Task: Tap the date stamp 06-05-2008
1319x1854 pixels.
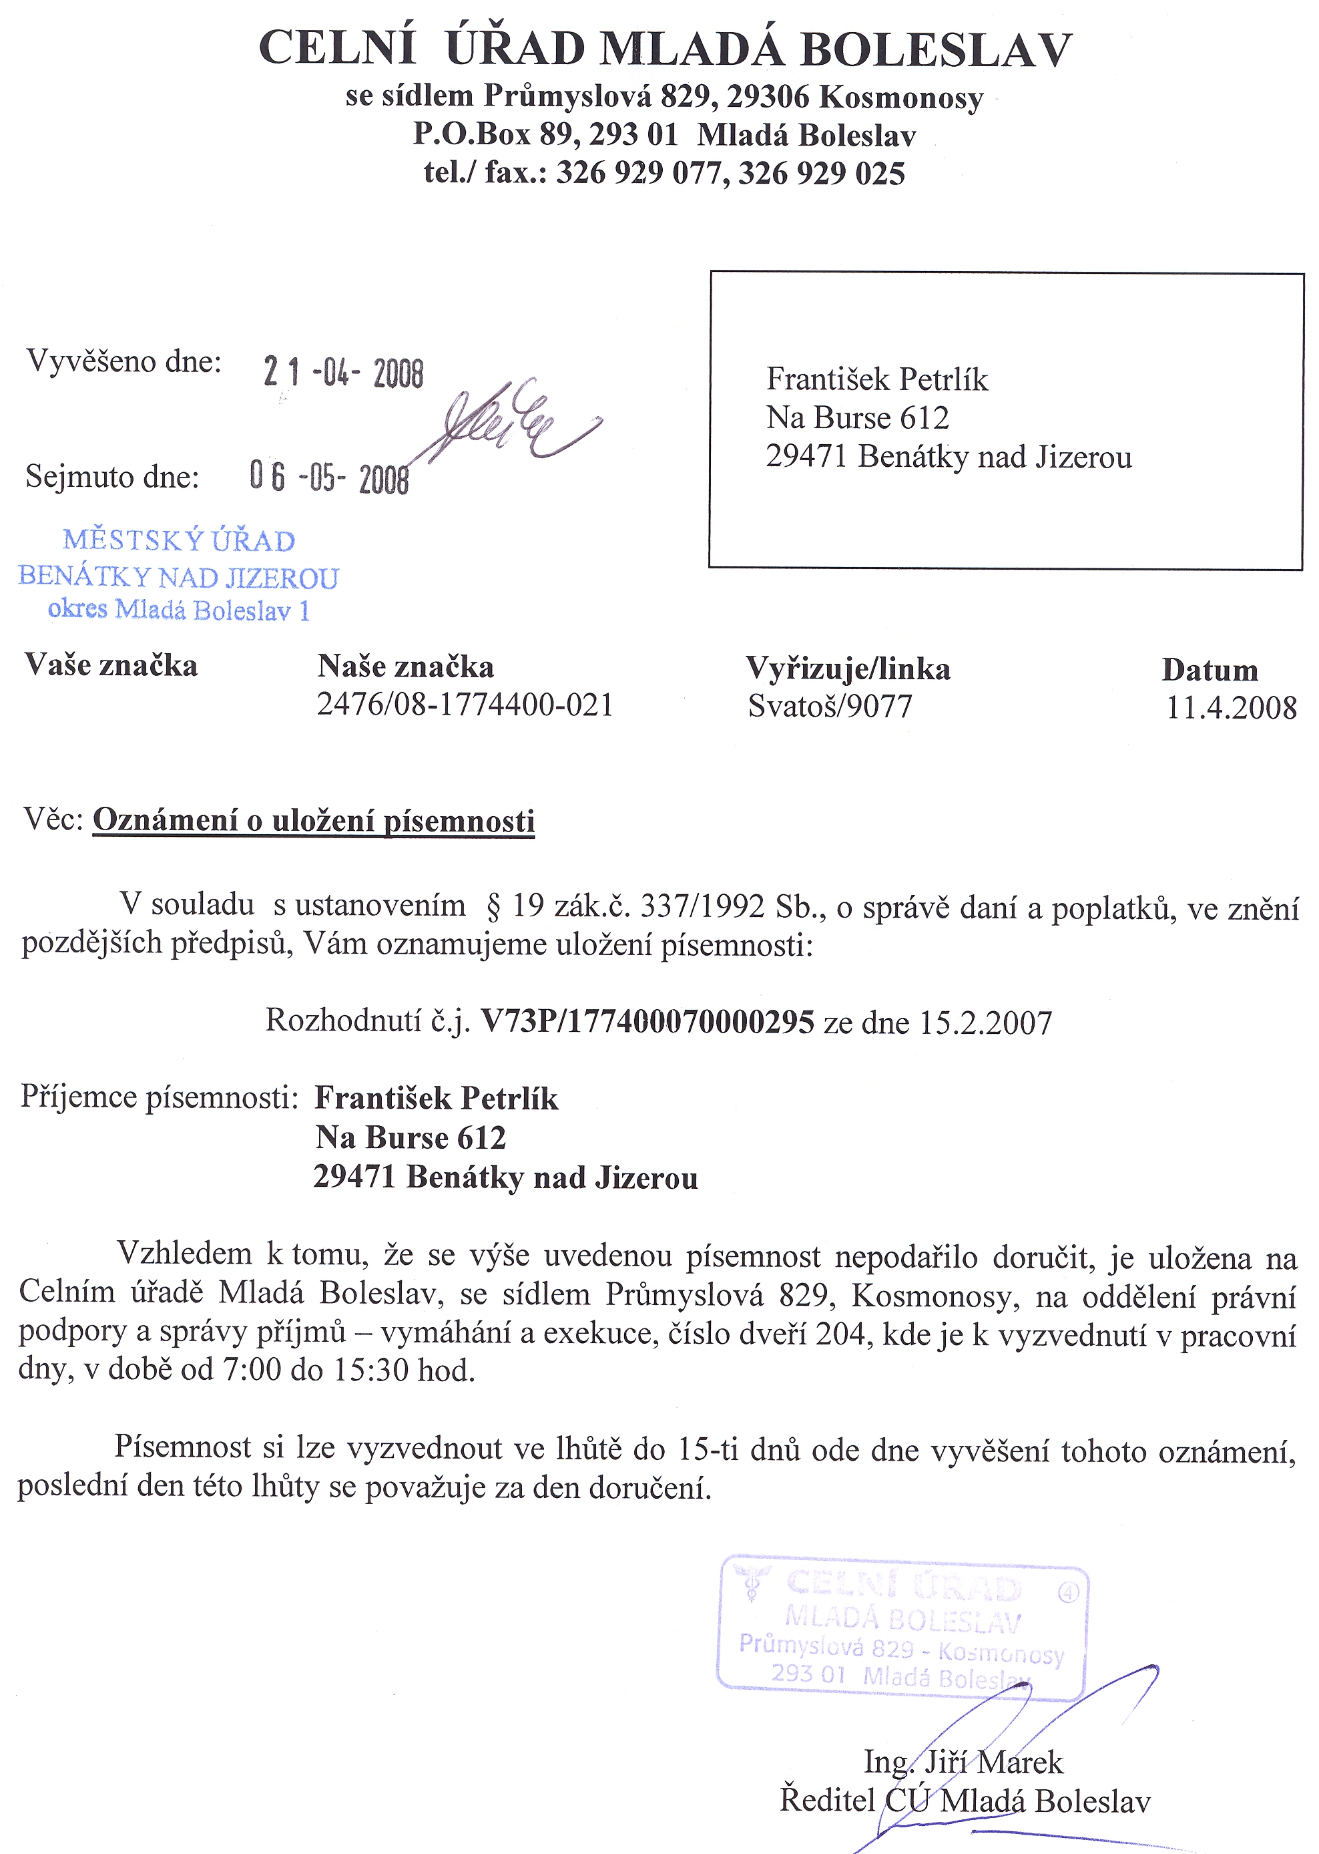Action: (x=329, y=477)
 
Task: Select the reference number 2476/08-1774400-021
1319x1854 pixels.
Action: (x=465, y=705)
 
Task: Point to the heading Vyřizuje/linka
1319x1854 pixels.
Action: (x=848, y=669)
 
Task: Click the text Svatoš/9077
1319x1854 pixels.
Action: (x=830, y=706)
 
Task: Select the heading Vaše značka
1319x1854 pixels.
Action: (x=111, y=665)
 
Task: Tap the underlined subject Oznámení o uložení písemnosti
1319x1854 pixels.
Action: (x=314, y=821)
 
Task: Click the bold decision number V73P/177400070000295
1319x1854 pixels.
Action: (x=647, y=1021)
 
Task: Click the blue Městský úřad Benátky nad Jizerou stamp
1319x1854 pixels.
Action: (x=179, y=575)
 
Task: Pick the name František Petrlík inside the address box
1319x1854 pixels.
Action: (x=877, y=379)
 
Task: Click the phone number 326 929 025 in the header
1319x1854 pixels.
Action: (x=821, y=173)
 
